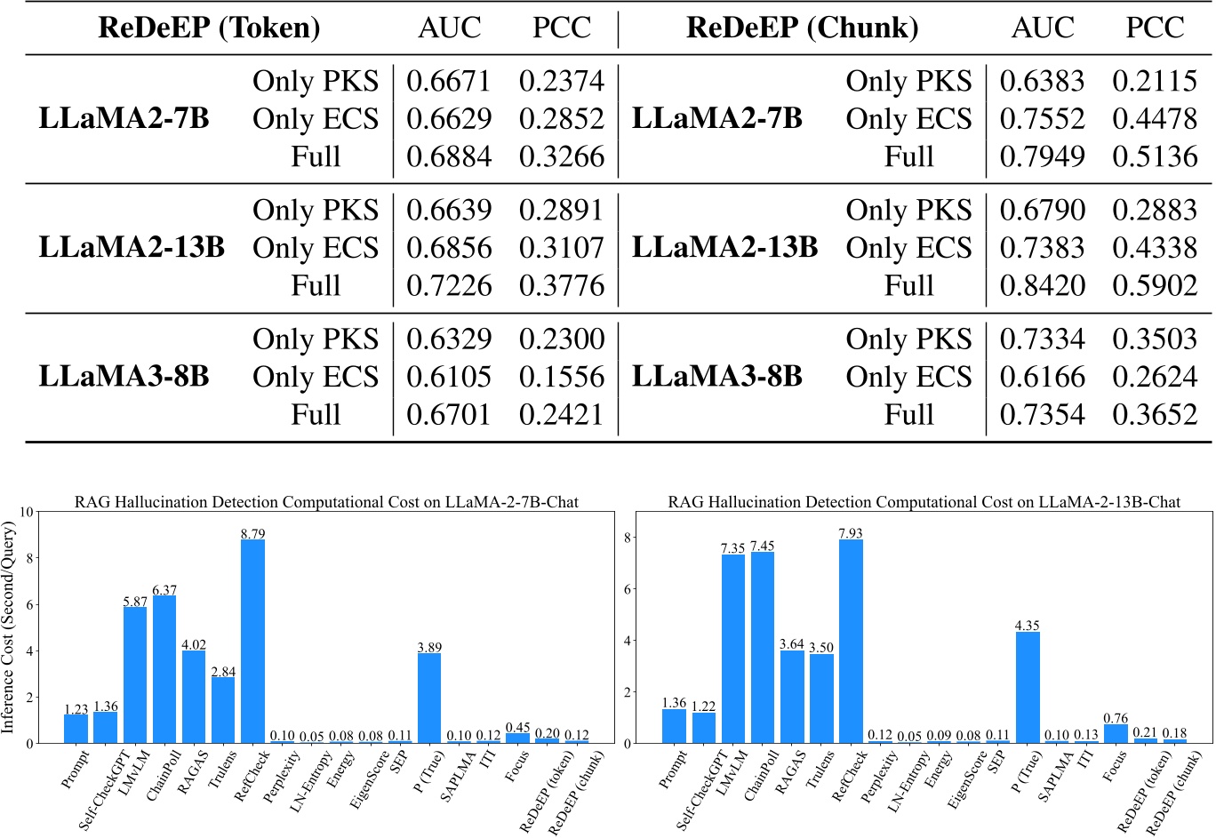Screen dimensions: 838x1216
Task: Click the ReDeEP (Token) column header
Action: [209, 28]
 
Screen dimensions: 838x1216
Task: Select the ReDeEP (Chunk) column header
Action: [802, 28]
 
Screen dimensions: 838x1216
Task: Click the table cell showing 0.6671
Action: [448, 81]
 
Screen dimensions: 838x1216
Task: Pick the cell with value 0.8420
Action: [1042, 285]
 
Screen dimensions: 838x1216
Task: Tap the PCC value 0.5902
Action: [1155, 285]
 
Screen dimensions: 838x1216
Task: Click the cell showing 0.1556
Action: [561, 377]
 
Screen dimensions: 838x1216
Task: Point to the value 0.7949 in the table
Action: [1042, 156]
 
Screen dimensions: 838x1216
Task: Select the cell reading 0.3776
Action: [561, 285]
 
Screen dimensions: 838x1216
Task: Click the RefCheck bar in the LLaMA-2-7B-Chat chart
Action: [252, 641]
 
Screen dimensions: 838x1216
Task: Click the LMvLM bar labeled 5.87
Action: [135, 674]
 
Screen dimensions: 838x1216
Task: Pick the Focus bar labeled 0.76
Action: [1116, 733]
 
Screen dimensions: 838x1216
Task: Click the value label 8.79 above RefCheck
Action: [252, 534]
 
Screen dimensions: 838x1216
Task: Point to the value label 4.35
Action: [1028, 626]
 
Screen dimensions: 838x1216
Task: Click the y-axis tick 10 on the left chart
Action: [26, 512]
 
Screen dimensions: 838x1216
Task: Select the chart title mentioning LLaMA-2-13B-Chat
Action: [924, 502]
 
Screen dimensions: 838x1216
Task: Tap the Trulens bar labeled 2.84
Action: [223, 710]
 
